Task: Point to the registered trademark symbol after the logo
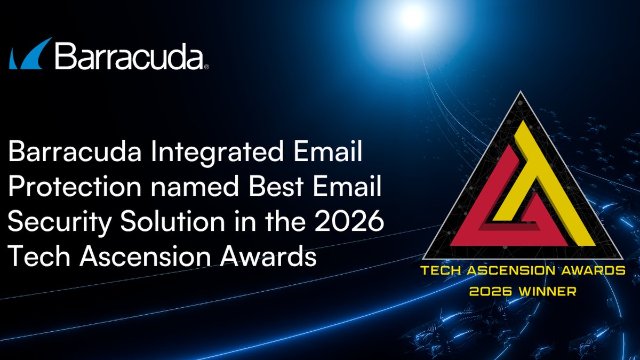coord(206,67)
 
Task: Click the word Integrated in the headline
coord(217,151)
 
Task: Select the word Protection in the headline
coord(75,187)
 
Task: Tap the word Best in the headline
coord(276,187)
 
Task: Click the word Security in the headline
coord(59,222)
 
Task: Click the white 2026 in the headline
coord(349,221)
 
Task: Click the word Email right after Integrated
coord(327,151)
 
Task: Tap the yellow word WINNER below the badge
coord(547,291)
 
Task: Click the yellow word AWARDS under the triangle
coord(594,270)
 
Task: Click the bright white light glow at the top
coord(412,17)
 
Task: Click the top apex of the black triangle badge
coord(521,91)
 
